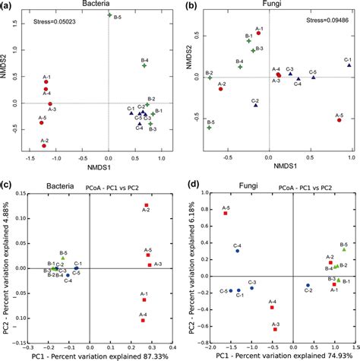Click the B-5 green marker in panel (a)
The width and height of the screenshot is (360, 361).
(x=109, y=15)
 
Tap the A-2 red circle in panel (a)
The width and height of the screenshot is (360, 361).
(x=44, y=145)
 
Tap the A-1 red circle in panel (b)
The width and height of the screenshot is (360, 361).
(x=258, y=33)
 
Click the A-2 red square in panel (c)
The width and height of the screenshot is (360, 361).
(x=147, y=206)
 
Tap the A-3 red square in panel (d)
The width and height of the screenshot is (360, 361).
(x=276, y=329)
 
